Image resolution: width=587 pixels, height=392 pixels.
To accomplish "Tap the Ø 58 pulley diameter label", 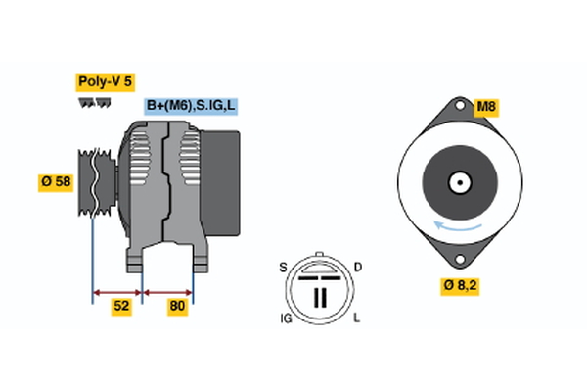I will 57,181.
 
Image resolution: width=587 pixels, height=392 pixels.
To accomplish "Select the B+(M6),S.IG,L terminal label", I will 192,106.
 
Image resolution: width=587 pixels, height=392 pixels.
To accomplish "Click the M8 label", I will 486,106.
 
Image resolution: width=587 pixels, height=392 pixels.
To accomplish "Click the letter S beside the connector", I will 284,267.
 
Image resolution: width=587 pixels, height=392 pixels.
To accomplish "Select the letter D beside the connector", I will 357,267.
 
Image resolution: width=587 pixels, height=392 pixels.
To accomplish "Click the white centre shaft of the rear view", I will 458,182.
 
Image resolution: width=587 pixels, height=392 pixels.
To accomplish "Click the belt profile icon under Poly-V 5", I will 93,102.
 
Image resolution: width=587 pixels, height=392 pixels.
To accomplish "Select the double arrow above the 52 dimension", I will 117,291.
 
